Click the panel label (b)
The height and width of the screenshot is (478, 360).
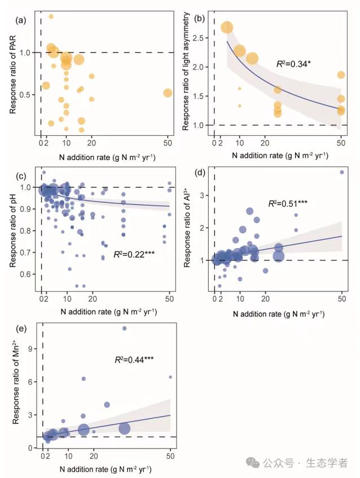click(x=199, y=18)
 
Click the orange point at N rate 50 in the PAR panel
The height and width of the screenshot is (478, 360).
click(x=168, y=93)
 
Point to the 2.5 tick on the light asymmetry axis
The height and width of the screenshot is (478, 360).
click(x=201, y=37)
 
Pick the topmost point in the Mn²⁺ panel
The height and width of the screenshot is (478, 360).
click(x=124, y=328)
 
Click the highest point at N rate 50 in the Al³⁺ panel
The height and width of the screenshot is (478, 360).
click(x=341, y=172)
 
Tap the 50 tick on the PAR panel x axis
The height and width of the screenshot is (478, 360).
click(x=168, y=143)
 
